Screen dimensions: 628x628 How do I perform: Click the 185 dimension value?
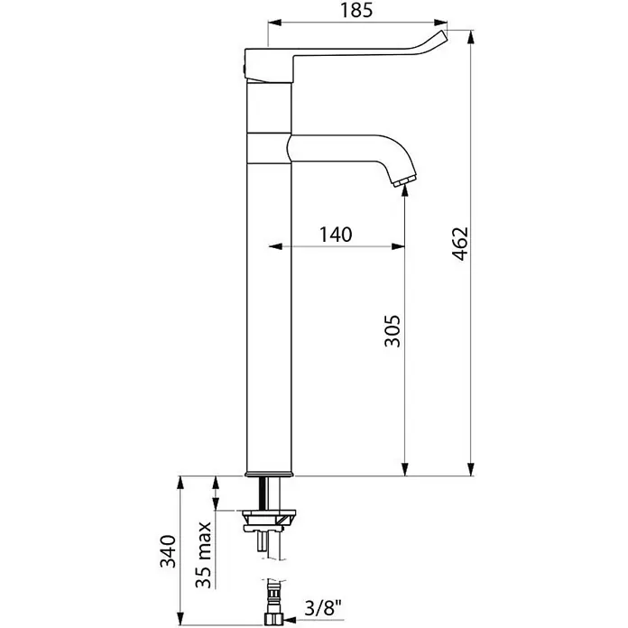click(356, 11)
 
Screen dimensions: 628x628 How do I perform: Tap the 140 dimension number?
click(336, 235)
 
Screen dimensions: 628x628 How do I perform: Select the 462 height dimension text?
click(460, 244)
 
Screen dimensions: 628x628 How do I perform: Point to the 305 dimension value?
click(392, 331)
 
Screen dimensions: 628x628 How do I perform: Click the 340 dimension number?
click(168, 551)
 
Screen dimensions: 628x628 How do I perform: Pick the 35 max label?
click(203, 555)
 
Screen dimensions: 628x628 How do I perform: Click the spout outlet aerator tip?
click(405, 181)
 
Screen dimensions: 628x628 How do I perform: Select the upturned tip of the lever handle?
click(439, 37)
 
